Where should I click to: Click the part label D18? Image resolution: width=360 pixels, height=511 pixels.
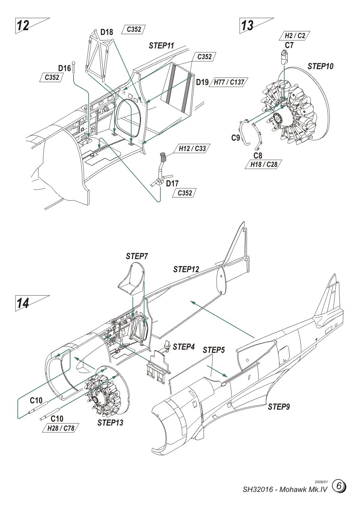pos(106,33)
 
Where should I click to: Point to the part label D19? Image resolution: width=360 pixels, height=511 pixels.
pos(202,82)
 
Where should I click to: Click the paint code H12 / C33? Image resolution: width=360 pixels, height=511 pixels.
pos(192,148)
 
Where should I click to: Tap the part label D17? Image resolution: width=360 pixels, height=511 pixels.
pos(172,184)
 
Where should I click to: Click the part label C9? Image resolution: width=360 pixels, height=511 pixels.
pos(236,138)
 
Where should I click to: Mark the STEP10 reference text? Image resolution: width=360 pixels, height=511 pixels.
pos(320,66)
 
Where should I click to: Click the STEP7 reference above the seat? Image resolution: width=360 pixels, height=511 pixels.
pos(137,256)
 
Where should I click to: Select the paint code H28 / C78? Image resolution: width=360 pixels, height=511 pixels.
pos(60,428)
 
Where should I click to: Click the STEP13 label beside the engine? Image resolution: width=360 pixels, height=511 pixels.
pos(110,423)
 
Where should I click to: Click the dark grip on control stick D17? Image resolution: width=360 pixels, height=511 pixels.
pos(163,155)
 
